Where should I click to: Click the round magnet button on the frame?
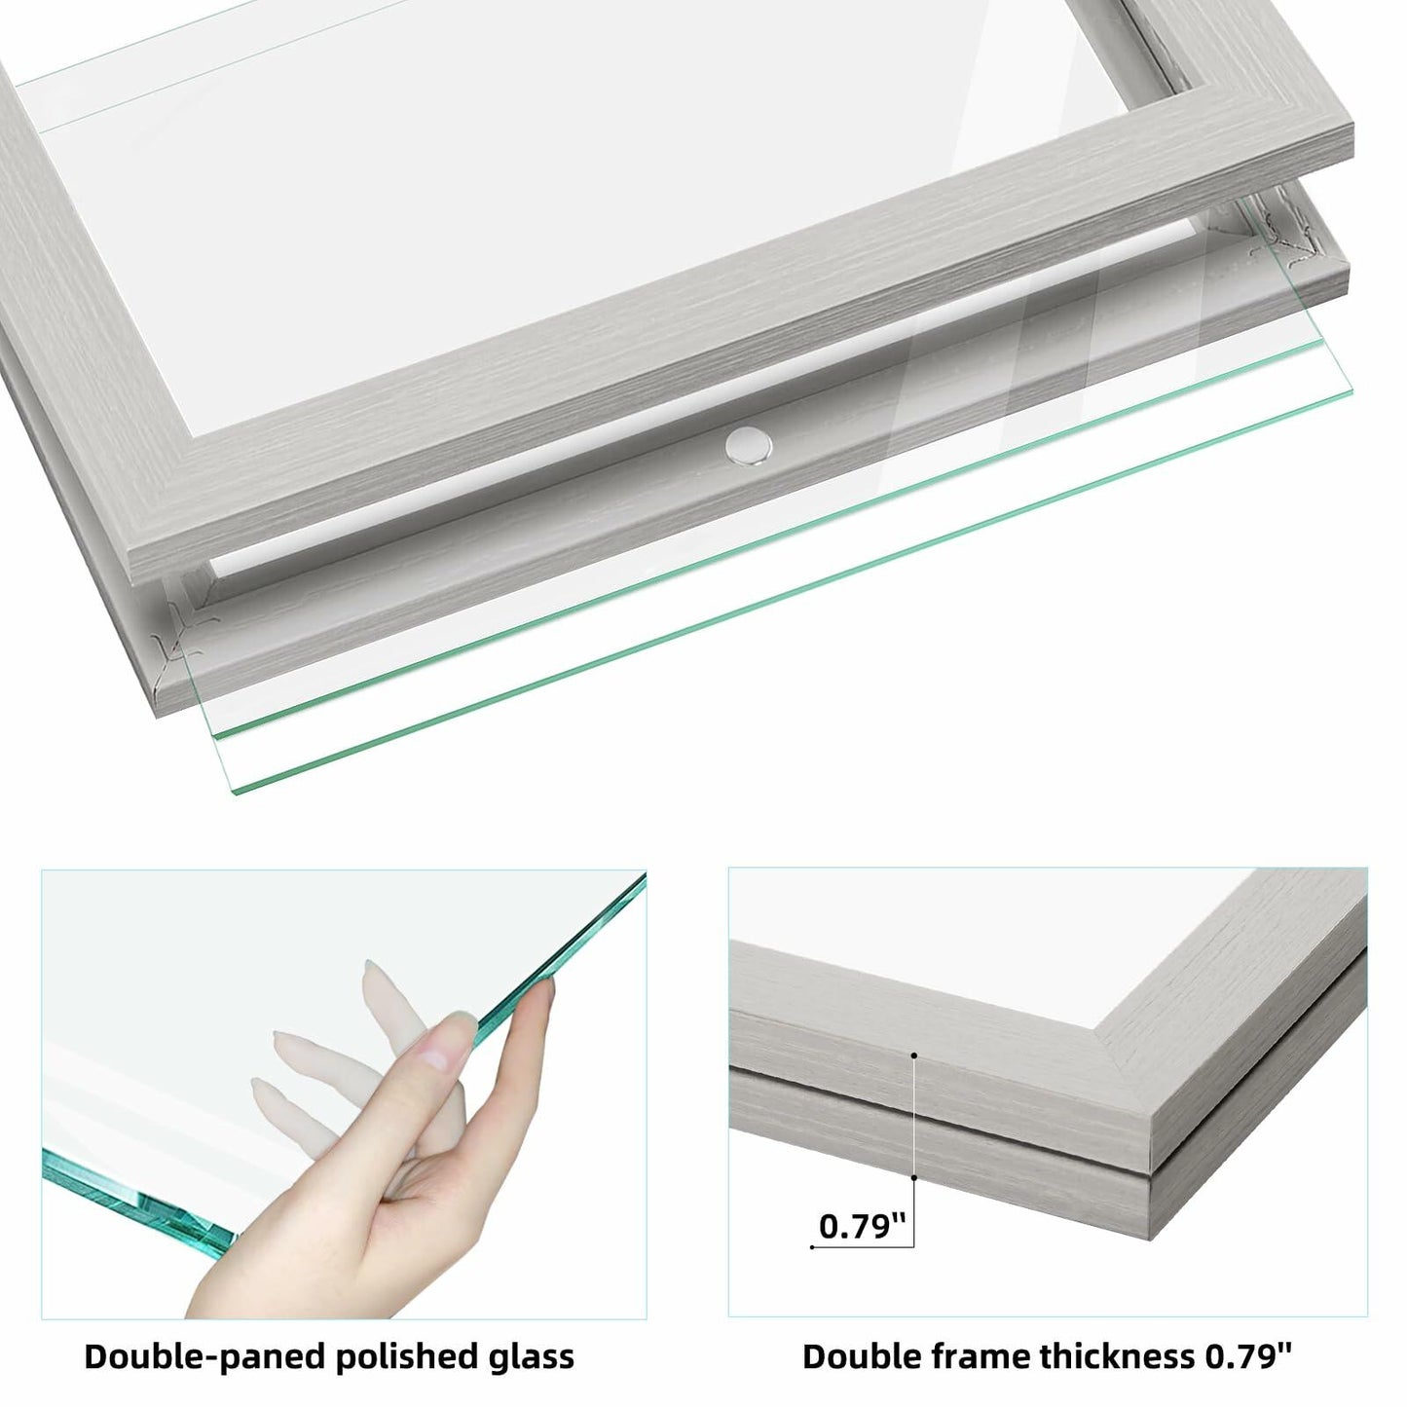click(748, 446)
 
